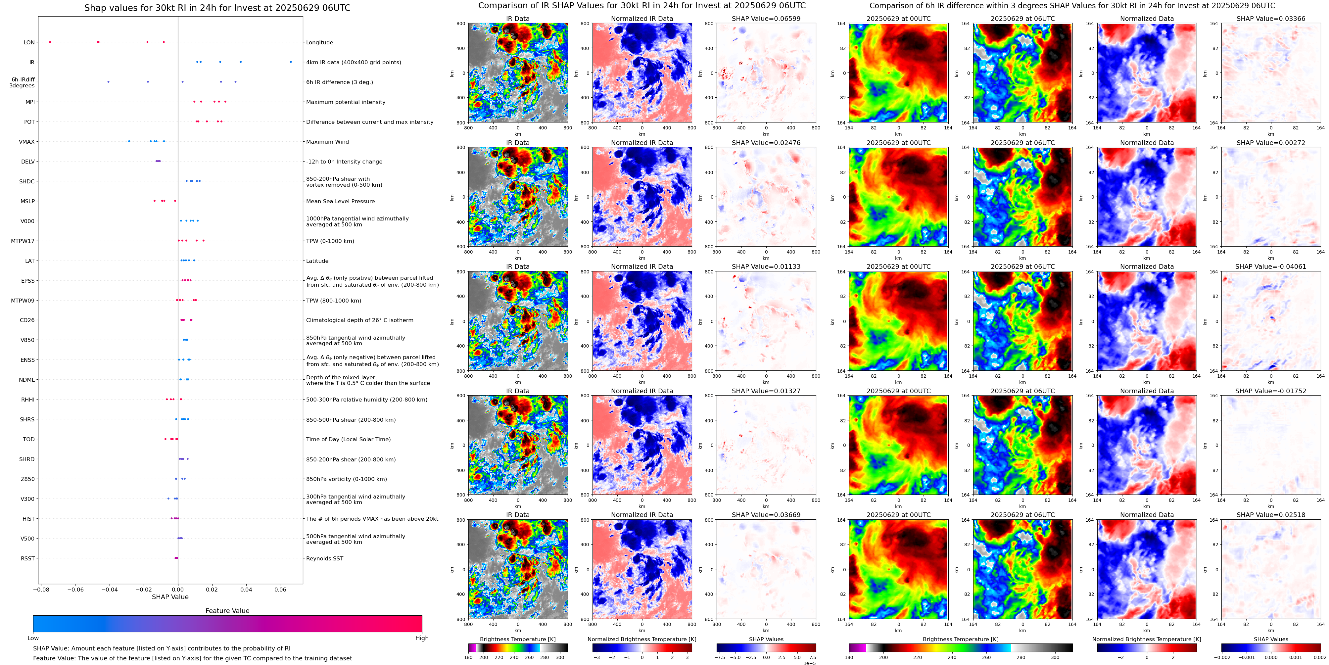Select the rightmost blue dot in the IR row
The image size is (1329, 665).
(291, 62)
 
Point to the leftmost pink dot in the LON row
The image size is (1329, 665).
(50, 42)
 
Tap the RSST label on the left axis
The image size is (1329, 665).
(28, 558)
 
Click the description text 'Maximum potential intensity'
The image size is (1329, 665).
(346, 102)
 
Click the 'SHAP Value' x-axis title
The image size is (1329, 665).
(170, 597)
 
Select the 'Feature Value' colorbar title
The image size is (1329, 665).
(227, 611)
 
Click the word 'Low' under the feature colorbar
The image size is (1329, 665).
(33, 638)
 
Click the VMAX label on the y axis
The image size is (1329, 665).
(27, 142)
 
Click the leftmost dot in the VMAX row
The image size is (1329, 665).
(129, 141)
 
